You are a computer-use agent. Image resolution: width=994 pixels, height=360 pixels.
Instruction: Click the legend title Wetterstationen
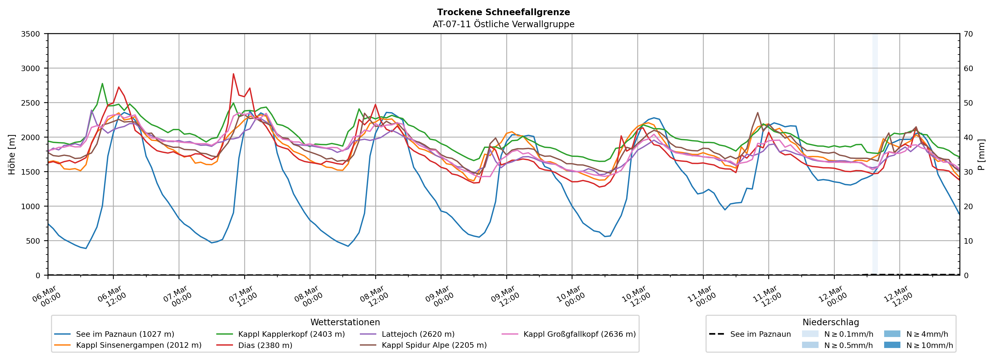(345, 322)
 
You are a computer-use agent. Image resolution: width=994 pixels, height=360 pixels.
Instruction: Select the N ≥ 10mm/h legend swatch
(892, 345)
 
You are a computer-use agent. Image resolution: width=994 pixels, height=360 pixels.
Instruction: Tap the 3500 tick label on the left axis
(31, 34)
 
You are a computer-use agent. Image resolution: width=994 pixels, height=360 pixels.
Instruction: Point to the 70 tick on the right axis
(968, 34)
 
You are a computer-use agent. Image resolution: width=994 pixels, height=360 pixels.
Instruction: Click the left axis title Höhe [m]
(12, 154)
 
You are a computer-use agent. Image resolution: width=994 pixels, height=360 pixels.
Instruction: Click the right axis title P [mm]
(981, 154)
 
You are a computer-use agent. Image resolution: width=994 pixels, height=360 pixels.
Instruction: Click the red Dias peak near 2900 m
(233, 74)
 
